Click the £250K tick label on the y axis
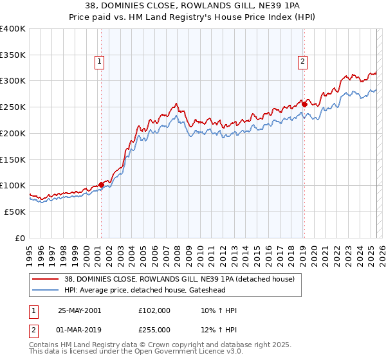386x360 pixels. [13, 107]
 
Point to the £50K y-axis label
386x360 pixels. [15, 212]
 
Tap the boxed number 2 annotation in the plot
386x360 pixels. [302, 62]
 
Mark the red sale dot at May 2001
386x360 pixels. [102, 184]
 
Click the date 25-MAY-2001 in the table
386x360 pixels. [79, 310]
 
